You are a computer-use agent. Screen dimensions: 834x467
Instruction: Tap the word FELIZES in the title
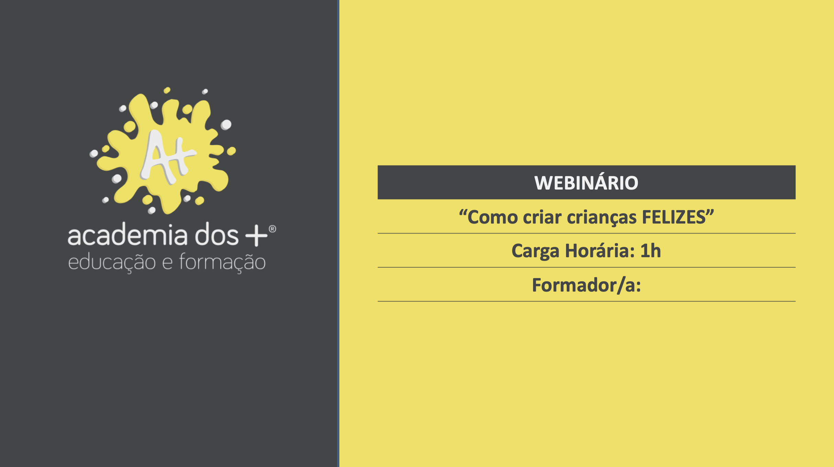(x=674, y=217)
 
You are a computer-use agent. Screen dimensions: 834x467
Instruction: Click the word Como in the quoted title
(x=493, y=217)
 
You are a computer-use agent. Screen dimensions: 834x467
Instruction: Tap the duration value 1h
(x=651, y=250)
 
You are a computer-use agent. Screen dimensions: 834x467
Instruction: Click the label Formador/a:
(x=586, y=285)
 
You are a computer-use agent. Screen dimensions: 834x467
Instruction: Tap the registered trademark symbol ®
(x=272, y=229)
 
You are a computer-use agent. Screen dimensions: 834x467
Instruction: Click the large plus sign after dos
(x=256, y=236)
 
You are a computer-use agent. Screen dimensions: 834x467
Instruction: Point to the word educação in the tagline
(x=112, y=263)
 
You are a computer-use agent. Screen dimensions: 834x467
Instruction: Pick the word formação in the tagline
(x=222, y=262)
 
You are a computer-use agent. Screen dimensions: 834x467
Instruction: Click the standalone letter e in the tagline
(x=167, y=264)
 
